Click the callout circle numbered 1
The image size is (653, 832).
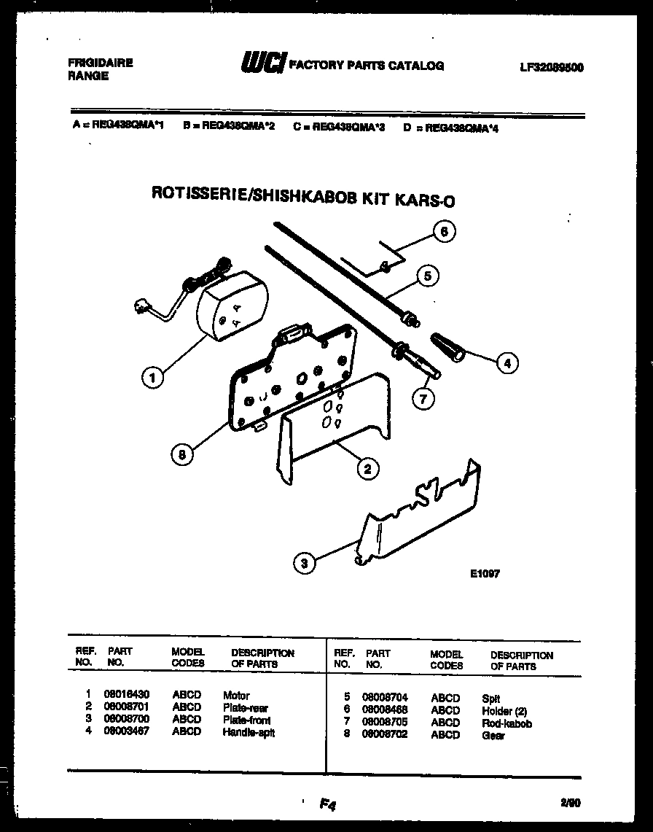(x=152, y=377)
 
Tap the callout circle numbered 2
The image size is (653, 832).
(x=367, y=469)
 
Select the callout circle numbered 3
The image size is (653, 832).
(x=305, y=562)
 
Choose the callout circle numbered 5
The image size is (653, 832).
(x=428, y=276)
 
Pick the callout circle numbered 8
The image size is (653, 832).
(x=182, y=454)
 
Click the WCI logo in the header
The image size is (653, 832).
(x=263, y=65)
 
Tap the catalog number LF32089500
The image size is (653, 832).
(x=552, y=67)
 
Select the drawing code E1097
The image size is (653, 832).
(x=485, y=573)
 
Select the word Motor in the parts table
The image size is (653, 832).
(x=236, y=696)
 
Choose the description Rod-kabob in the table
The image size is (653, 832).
(x=507, y=723)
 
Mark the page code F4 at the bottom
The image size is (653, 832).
(x=326, y=804)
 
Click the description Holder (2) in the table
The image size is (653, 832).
(x=504, y=711)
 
